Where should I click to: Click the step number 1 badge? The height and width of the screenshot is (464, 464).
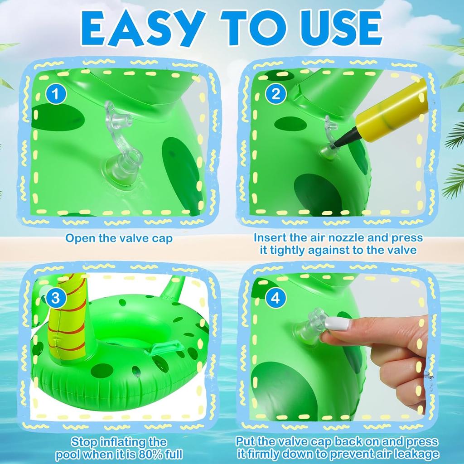pyautogui.click(x=56, y=94)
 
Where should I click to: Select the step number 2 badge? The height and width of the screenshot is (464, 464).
pyautogui.click(x=275, y=94)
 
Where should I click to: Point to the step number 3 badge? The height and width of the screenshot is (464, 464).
pyautogui.click(x=56, y=298)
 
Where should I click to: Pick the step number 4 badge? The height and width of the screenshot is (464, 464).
pyautogui.click(x=275, y=298)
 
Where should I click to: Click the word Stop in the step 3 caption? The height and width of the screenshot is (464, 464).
pyautogui.click(x=84, y=442)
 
